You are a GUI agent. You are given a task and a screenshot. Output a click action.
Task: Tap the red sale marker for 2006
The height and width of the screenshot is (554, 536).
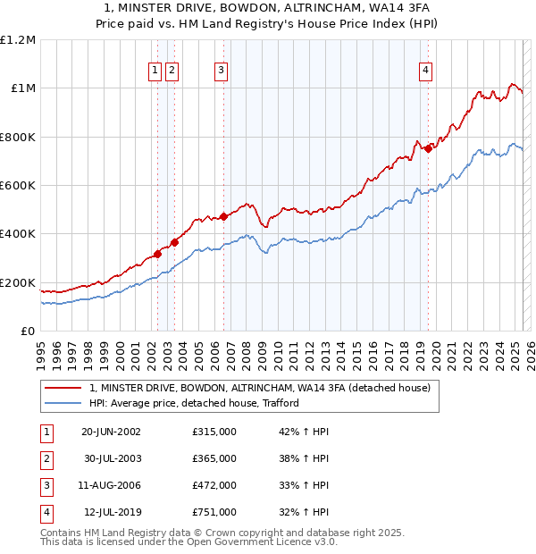click(x=223, y=215)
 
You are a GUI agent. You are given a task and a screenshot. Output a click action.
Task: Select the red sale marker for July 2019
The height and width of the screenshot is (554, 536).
click(x=428, y=148)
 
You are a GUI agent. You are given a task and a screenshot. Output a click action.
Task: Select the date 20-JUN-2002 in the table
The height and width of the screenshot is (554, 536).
click(x=111, y=432)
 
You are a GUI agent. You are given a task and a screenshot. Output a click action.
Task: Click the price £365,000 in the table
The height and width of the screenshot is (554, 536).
click(x=214, y=458)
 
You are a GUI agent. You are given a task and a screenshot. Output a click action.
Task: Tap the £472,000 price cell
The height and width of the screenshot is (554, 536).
click(x=214, y=485)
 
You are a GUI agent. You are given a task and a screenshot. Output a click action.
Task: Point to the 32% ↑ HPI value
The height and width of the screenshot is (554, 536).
click(x=305, y=512)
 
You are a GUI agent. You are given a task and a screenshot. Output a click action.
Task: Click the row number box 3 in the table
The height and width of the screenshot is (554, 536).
click(x=46, y=485)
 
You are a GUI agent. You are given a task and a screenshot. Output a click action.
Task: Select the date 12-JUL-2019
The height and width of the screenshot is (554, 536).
click(x=111, y=512)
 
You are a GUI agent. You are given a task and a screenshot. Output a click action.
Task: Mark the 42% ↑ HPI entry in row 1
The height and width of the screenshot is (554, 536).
click(x=305, y=432)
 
